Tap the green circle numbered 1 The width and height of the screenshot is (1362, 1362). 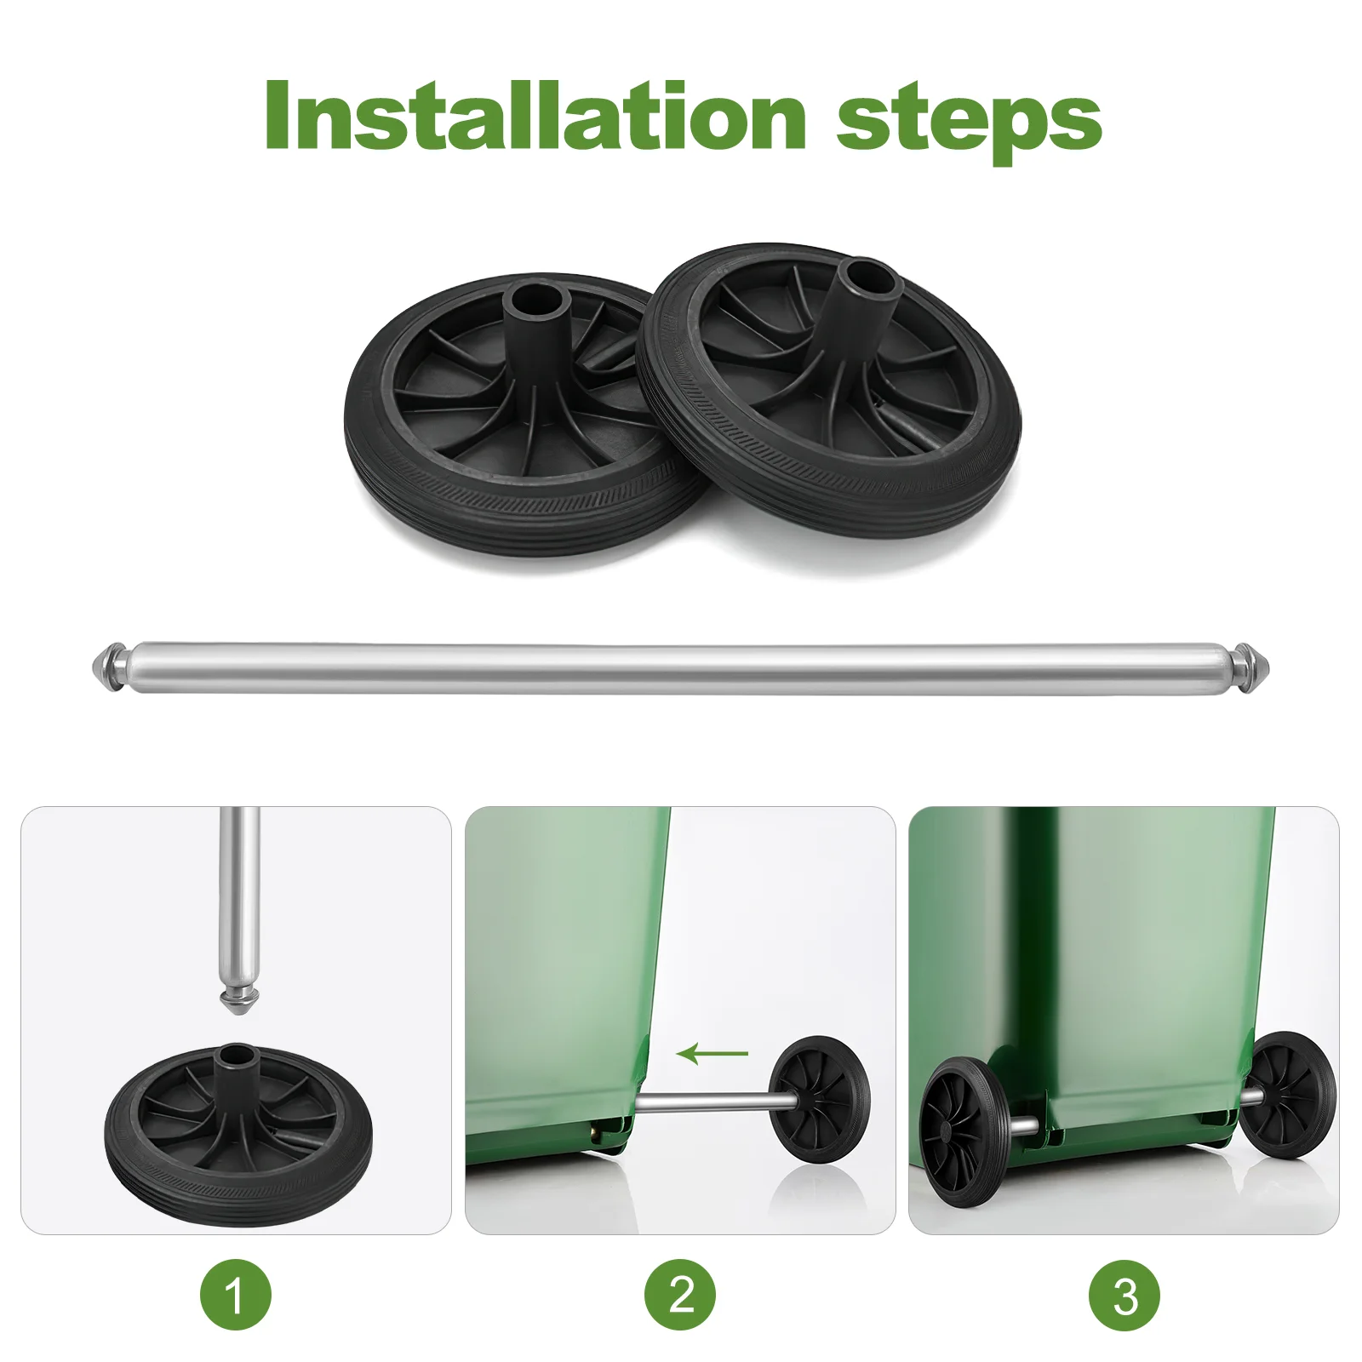236,1295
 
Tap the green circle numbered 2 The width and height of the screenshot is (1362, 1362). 680,1295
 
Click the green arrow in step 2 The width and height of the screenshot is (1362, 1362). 712,1054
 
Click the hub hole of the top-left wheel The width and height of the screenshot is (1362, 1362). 536,299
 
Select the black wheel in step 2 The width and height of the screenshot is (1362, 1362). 819,1099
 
